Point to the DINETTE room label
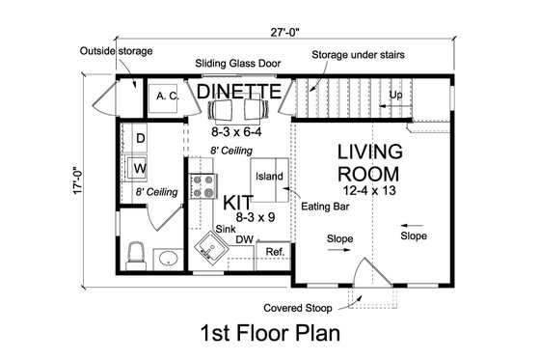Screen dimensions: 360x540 (239, 92)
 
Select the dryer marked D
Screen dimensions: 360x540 (140, 139)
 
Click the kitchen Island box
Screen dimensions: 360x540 (269, 177)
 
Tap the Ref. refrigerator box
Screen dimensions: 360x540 (275, 252)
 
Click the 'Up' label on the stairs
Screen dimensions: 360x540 (395, 96)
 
